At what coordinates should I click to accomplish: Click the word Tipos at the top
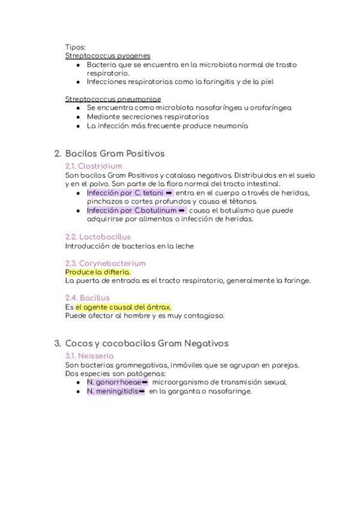coord(75,46)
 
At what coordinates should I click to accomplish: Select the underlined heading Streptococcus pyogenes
coord(107,55)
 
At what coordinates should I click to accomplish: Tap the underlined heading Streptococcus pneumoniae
coord(113,99)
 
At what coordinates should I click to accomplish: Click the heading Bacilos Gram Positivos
coord(115,154)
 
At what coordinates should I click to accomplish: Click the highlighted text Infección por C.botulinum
coord(131,211)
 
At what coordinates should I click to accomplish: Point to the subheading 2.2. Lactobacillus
coord(97,236)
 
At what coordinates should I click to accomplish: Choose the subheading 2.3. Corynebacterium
coord(105,263)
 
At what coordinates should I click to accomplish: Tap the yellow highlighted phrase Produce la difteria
coord(97,272)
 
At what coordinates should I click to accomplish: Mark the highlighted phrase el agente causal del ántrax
coord(123,307)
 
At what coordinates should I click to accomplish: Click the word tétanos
coord(241,202)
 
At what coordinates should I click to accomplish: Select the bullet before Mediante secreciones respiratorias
coord(79,117)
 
